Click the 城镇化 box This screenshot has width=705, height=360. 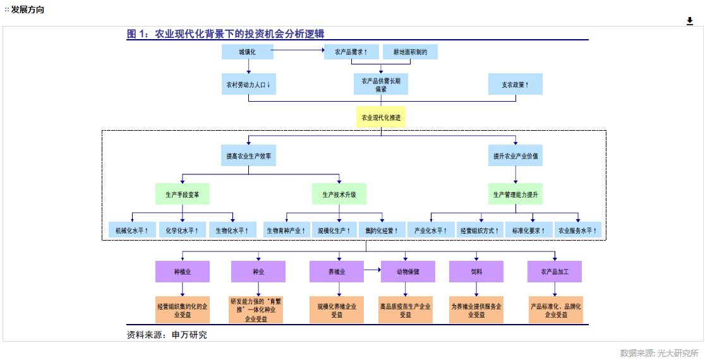click(248, 52)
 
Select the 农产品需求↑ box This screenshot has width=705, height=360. click(351, 52)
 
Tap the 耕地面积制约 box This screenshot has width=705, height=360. click(410, 52)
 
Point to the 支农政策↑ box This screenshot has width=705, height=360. click(515, 84)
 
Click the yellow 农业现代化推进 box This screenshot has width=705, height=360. click(380, 117)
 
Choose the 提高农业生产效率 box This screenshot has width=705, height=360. click(248, 155)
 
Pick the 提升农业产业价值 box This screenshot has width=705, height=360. click(515, 155)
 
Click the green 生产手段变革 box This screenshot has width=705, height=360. click(182, 194)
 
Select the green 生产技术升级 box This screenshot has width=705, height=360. click(339, 194)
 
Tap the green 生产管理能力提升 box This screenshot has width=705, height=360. click(515, 194)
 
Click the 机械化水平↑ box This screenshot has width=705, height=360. click(131, 231)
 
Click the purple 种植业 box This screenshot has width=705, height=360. click(182, 272)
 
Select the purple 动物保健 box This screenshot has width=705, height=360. click(407, 272)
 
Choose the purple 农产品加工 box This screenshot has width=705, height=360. click(555, 272)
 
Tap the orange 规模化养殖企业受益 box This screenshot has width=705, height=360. click(337, 309)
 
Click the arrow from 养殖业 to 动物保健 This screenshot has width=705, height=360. click(372, 272)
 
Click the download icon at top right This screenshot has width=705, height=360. click(690, 21)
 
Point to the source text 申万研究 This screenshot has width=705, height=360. click(190, 335)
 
